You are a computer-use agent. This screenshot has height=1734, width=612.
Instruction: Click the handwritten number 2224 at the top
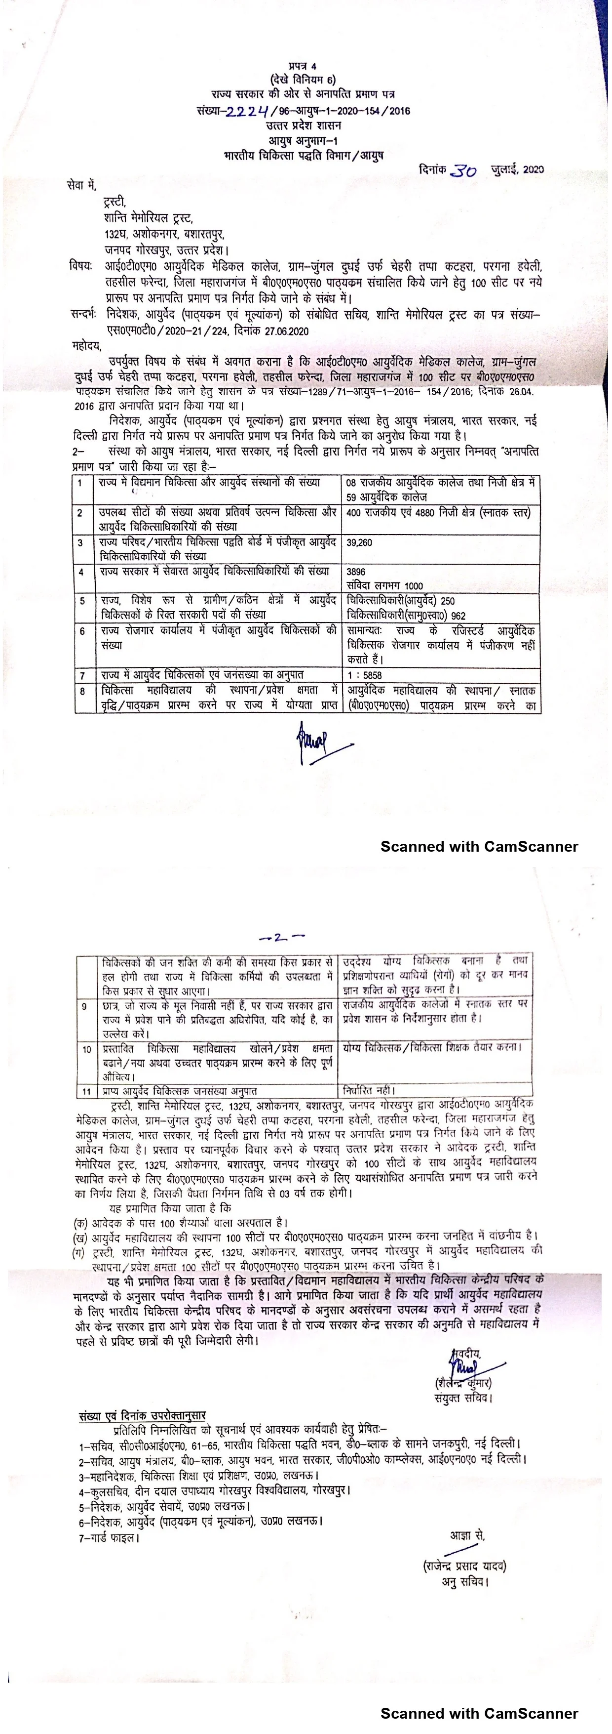coord(247,111)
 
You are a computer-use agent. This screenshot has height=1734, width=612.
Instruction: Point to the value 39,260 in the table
coord(359,542)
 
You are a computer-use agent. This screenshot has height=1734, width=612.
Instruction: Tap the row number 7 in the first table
coord(82,674)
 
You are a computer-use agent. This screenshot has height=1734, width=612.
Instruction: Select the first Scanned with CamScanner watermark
coord(479,846)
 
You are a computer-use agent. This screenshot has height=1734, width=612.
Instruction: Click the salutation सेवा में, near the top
coord(82,184)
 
